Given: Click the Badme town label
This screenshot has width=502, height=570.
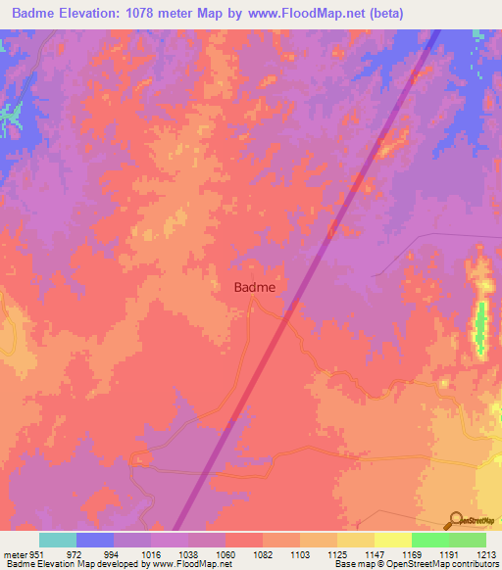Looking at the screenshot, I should [x=254, y=287].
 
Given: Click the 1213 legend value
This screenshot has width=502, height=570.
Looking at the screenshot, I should [x=486, y=554].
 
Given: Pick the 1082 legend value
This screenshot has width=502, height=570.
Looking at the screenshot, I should [x=264, y=554].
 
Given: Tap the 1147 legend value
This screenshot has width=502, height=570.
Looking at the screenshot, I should [x=375, y=554].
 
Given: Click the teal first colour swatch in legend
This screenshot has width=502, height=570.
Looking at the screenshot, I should [x=58, y=540].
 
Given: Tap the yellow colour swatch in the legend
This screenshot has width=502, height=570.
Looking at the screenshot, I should [x=392, y=540].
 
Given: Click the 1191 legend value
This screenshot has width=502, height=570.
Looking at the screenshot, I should [x=449, y=554].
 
